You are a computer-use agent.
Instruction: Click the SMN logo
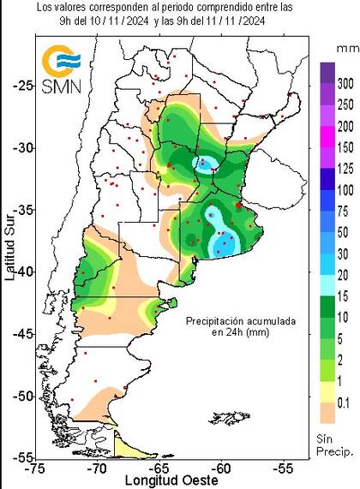click(x=63, y=72)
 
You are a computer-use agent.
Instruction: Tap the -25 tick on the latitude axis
click(x=21, y=85)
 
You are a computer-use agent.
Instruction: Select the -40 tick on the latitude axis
click(x=21, y=271)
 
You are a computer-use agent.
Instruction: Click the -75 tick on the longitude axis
click(x=36, y=468)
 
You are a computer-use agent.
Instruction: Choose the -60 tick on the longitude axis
click(x=222, y=468)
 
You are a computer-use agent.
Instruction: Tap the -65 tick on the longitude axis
click(x=159, y=468)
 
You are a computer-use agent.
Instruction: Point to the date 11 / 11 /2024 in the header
click(x=250, y=21)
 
